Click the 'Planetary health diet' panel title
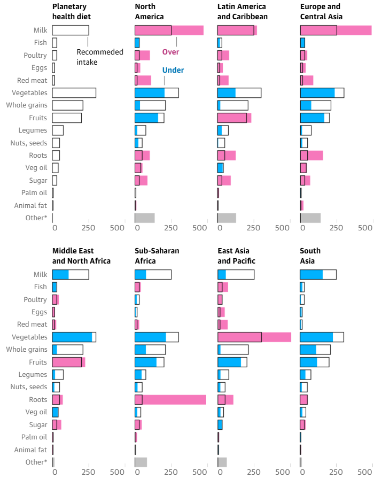pyautogui.click(x=72, y=11)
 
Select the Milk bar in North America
pyautogui.click(x=169, y=30)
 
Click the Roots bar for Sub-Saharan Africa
pyautogui.click(x=170, y=399)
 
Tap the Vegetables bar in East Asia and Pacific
pyautogui.click(x=254, y=337)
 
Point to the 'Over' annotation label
pyautogui.click(x=170, y=52)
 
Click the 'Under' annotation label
pyautogui.click(x=173, y=70)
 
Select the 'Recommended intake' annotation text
pyautogui.click(x=100, y=57)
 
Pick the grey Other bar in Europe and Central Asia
pyautogui.click(x=310, y=218)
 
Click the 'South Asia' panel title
pyautogui.click(x=310, y=256)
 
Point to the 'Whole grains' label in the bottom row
pyautogui.click(x=27, y=349)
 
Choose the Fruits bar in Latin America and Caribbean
pyautogui.click(x=234, y=118)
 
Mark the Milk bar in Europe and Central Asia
pyautogui.click(x=336, y=30)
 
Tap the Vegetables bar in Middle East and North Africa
pyautogui.click(x=74, y=337)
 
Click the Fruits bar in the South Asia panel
pyautogui.click(x=314, y=362)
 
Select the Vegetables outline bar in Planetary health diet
pyautogui.click(x=74, y=92)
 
